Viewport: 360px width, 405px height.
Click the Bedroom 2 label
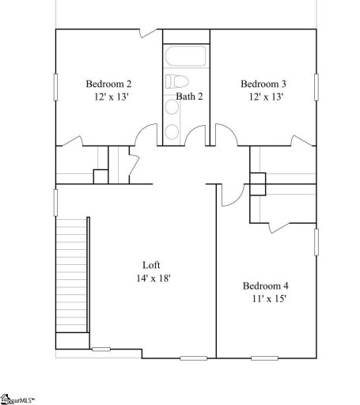click(x=108, y=84)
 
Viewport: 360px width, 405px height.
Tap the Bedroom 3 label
click(x=263, y=84)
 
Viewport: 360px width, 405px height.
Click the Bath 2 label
click(x=190, y=97)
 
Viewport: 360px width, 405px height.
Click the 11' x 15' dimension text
click(x=264, y=299)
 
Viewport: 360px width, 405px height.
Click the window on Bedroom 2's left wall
click(x=55, y=85)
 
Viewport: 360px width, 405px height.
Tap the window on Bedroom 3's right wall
click(x=316, y=85)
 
